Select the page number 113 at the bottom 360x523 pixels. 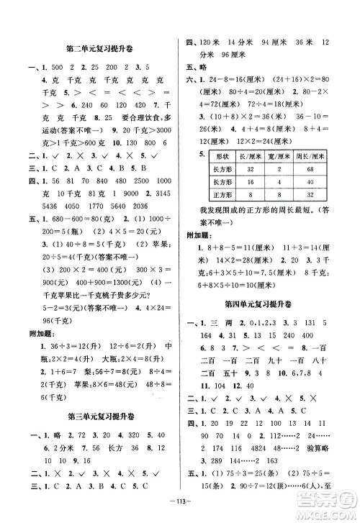coord(181,505)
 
